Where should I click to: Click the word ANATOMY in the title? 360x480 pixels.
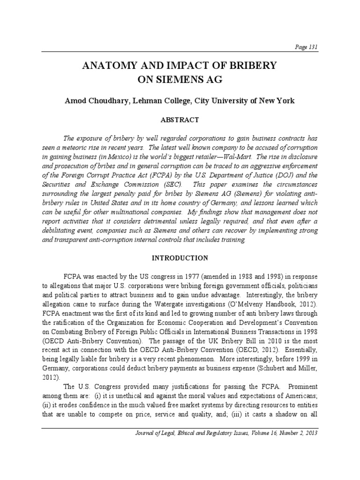pyautogui.click(x=109, y=66)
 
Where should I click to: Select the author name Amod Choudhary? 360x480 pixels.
pyautogui.click(x=96, y=101)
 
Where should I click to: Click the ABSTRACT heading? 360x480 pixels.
pyautogui.click(x=180, y=120)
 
